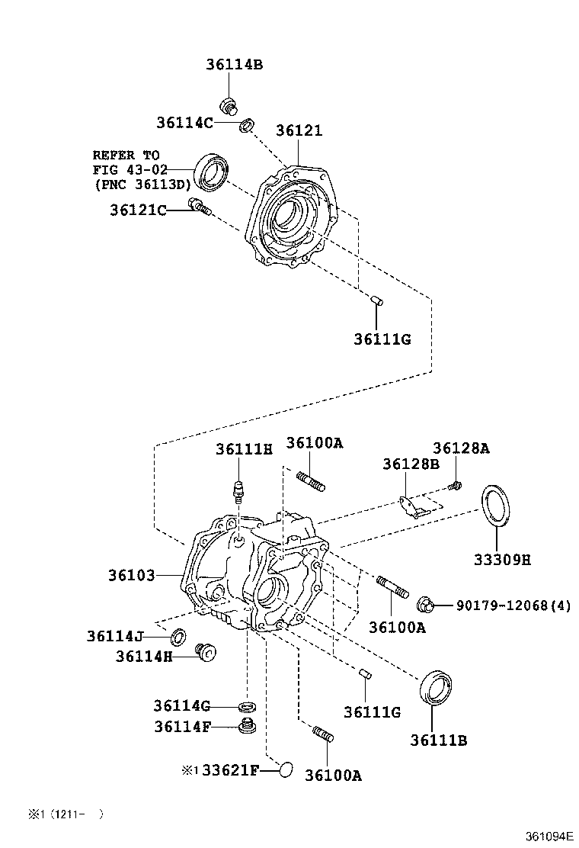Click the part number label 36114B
point(233,65)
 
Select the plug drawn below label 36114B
point(227,106)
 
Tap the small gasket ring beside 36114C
point(247,125)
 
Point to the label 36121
point(299,130)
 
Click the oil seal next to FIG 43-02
point(213,172)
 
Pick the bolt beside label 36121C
point(199,206)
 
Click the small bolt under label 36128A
point(454,484)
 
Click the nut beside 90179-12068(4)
point(425,606)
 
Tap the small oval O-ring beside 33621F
point(284,769)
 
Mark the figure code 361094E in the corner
point(547,837)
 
